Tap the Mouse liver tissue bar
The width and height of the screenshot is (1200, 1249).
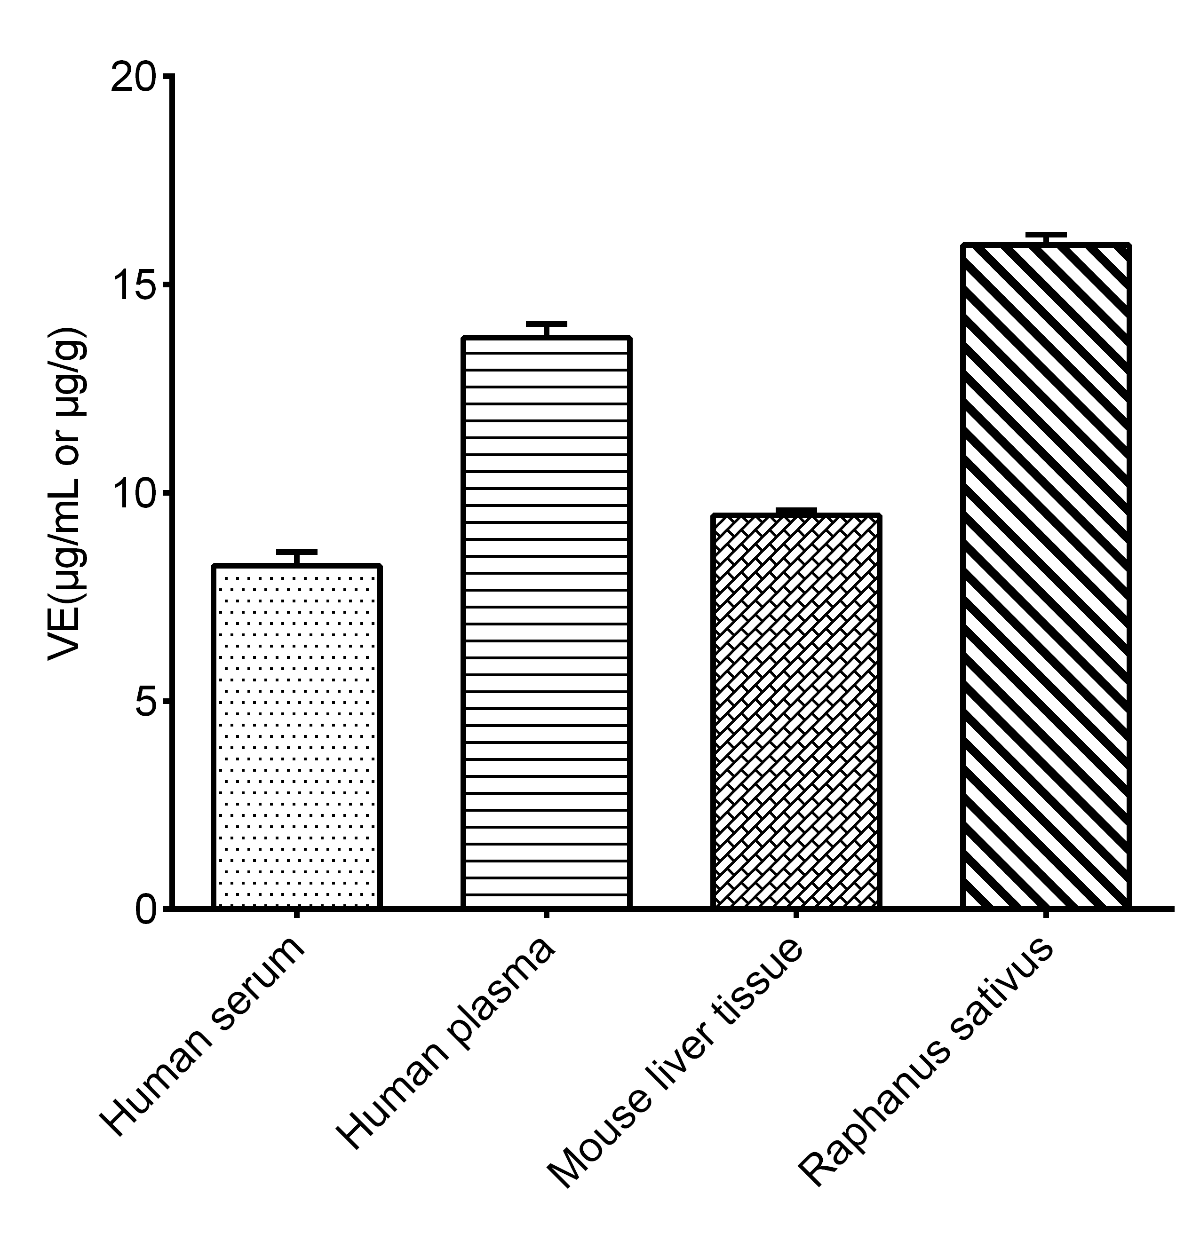click(796, 711)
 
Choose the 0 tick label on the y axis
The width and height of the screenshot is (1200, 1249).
click(145, 909)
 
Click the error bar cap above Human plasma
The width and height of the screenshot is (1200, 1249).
click(546, 324)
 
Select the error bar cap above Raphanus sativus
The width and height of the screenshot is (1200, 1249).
click(1046, 235)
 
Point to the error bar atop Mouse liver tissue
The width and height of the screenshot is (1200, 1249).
click(796, 510)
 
